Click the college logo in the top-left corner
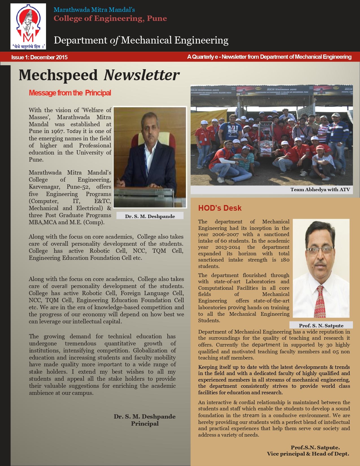click(28, 26)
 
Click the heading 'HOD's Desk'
click(220, 208)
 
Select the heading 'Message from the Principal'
click(70, 93)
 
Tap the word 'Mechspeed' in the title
click(58, 75)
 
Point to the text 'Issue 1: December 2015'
click(39, 57)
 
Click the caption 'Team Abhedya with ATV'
click(320, 190)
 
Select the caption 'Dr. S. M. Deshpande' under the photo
click(150, 216)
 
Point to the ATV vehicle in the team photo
click(265, 140)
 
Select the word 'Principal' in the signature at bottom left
click(145, 424)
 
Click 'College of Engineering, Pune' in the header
click(110, 19)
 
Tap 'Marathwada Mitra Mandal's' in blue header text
click(94, 10)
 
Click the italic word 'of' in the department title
click(114, 40)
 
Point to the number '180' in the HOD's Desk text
click(285, 260)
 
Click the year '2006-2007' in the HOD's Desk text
click(225, 234)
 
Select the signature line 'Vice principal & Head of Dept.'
click(308, 454)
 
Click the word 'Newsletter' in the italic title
click(141, 75)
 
